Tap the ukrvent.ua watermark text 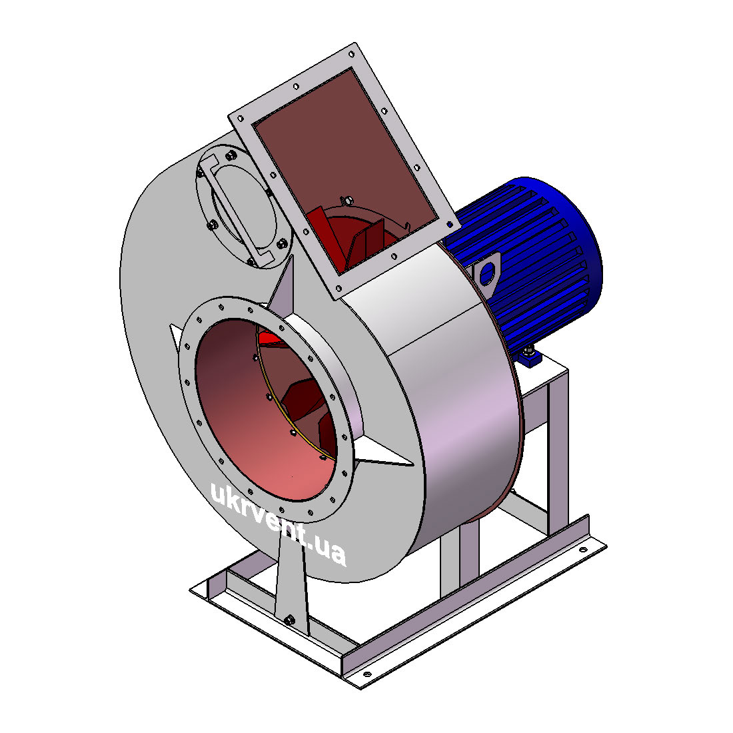click(x=278, y=524)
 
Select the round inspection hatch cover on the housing click(x=243, y=206)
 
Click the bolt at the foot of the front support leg click(x=289, y=620)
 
